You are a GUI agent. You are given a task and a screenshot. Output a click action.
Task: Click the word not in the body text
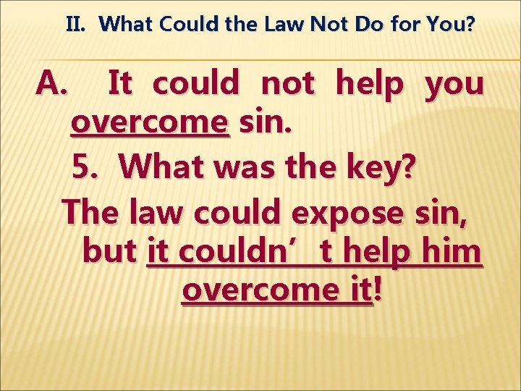click(x=287, y=85)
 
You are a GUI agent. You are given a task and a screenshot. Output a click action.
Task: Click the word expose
click(x=344, y=214)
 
